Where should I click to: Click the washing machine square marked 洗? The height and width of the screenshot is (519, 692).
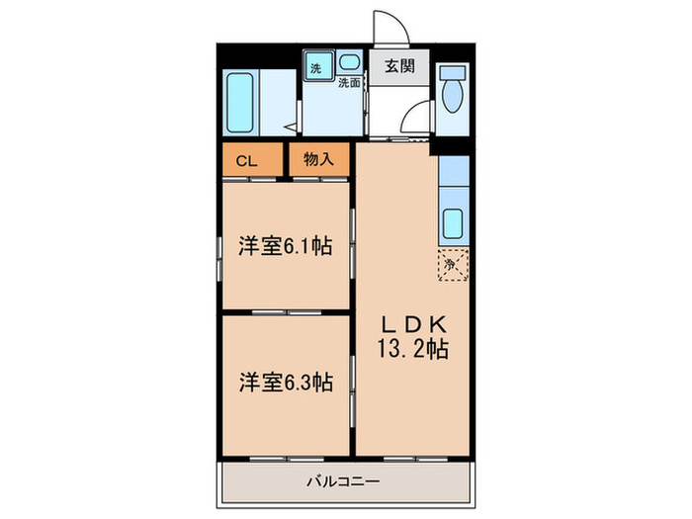click(316, 68)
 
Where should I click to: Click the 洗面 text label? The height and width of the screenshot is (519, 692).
click(349, 83)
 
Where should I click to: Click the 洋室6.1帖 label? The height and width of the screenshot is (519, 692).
click(284, 247)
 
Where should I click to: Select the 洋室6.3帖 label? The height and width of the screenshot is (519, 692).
click(284, 382)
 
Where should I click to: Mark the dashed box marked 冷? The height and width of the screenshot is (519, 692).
click(454, 265)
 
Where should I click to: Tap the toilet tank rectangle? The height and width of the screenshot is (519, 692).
click(454, 75)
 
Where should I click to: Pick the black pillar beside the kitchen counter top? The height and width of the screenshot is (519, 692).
click(454, 146)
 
